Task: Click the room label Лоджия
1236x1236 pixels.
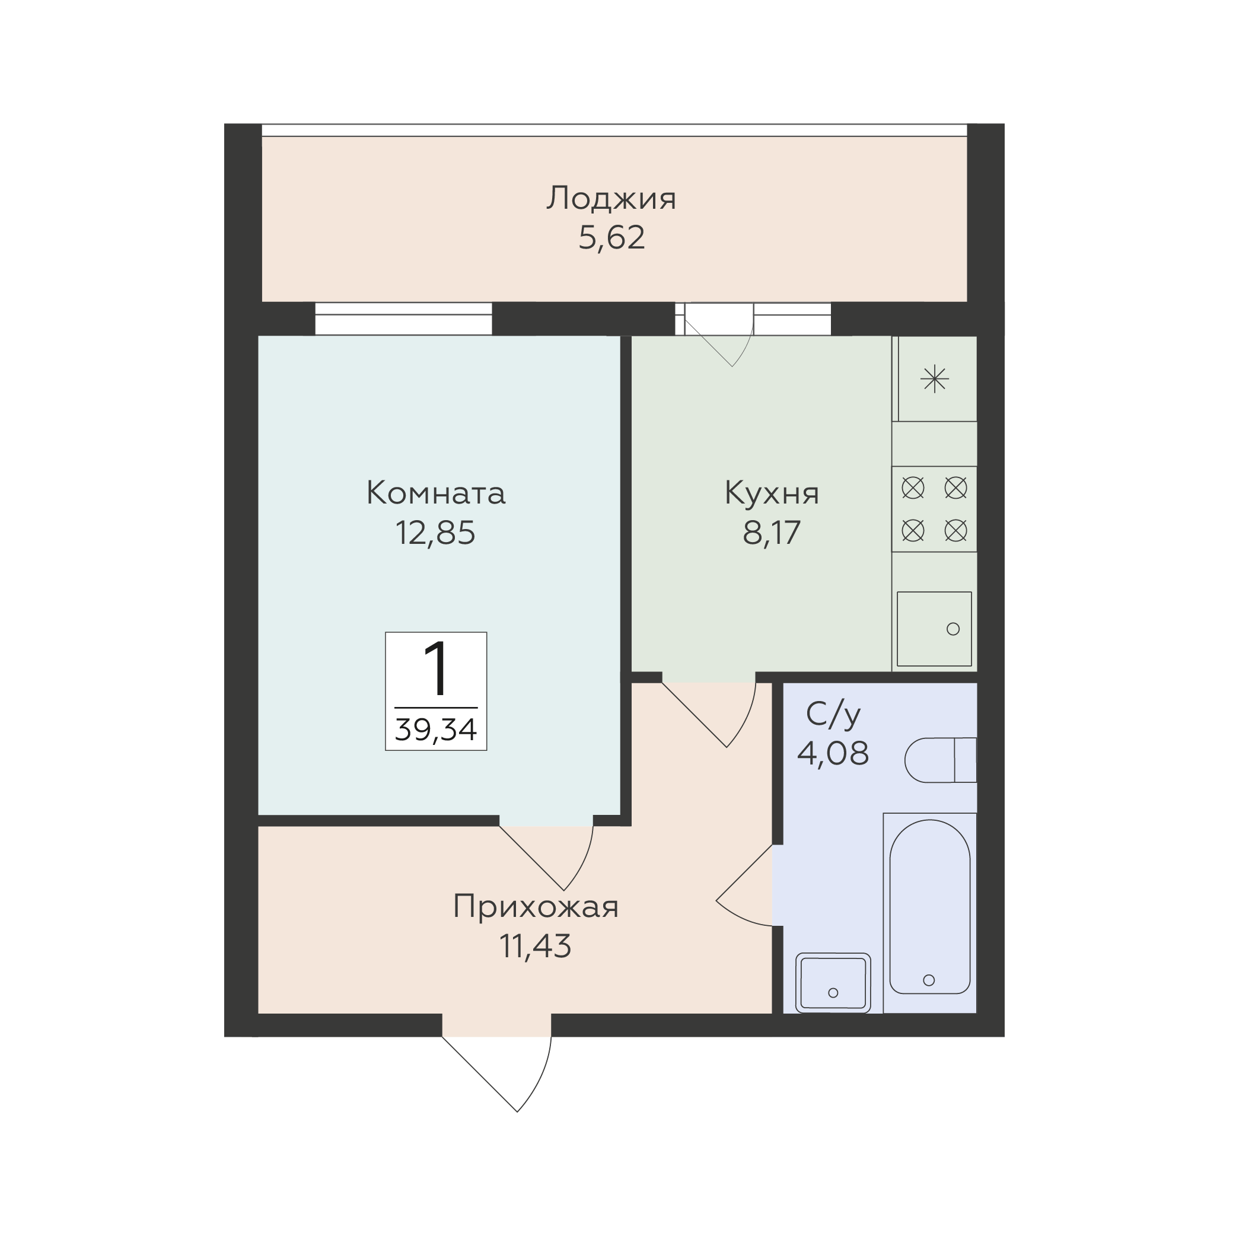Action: tap(611, 199)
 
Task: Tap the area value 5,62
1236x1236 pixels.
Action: tap(611, 238)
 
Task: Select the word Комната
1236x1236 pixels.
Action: tap(436, 493)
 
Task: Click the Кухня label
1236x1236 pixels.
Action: tap(772, 495)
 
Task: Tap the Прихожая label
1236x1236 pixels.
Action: tap(536, 906)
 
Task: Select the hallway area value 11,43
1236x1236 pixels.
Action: tap(536, 945)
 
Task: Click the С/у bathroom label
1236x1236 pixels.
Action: tap(833, 715)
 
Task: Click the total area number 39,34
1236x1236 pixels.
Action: tap(436, 730)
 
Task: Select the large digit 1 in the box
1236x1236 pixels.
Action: tap(437, 670)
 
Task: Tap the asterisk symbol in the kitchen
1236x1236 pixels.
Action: tap(935, 380)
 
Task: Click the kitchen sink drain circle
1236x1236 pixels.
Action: tap(953, 629)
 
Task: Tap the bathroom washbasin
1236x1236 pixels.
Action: tap(833, 983)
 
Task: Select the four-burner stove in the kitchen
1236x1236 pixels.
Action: tap(935, 509)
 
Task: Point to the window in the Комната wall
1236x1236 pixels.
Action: tap(403, 318)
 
